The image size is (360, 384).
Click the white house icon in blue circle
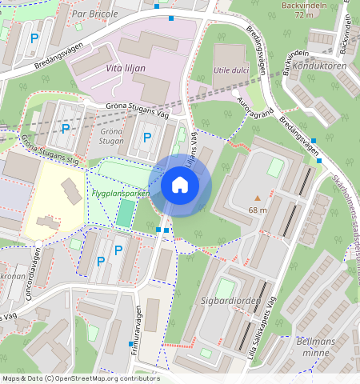tap(180, 186)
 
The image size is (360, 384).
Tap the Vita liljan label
tap(126, 68)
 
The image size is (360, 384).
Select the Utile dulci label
tap(232, 70)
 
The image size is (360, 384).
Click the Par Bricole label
tap(94, 14)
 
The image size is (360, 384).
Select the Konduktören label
tap(319, 66)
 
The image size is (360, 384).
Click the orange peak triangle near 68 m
tap(257, 197)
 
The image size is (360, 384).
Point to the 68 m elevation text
tap(258, 210)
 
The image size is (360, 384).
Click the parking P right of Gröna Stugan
tap(146, 138)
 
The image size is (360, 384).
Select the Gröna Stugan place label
tap(112, 135)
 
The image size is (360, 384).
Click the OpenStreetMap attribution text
tap(80, 378)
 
